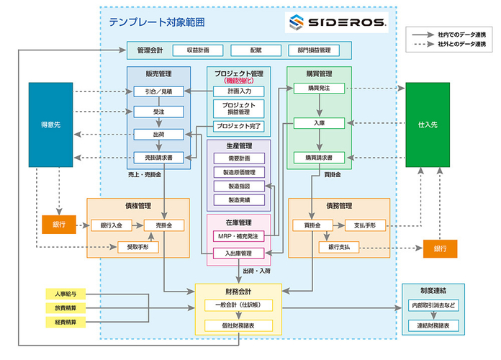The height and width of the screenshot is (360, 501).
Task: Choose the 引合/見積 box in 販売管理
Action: pyautogui.click(x=158, y=91)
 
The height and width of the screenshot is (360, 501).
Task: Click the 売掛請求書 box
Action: pyautogui.click(x=158, y=156)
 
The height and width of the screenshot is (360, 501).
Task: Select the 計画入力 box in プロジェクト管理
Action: pyautogui.click(x=239, y=91)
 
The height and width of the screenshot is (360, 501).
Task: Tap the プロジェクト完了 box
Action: pyautogui.click(x=239, y=126)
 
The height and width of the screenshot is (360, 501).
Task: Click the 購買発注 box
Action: pyautogui.click(x=320, y=88)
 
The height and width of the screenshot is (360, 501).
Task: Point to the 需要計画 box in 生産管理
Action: pyautogui.click(x=239, y=158)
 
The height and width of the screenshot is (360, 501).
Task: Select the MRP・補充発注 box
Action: pyautogui.click(x=239, y=235)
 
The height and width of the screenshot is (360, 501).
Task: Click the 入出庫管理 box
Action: pyautogui.click(x=239, y=253)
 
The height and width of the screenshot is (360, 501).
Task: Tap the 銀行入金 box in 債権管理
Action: pyautogui.click(x=111, y=225)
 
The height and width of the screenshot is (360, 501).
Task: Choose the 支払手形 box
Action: pyautogui.click(x=365, y=225)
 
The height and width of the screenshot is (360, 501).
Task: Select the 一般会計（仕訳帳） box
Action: pyautogui.click(x=239, y=305)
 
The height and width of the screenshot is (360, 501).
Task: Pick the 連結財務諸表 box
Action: pyautogui.click(x=433, y=325)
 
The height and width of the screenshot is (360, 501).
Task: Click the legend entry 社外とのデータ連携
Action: pyautogui.click(x=461, y=45)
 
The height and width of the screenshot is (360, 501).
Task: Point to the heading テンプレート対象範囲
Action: pyautogui.click(x=157, y=22)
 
